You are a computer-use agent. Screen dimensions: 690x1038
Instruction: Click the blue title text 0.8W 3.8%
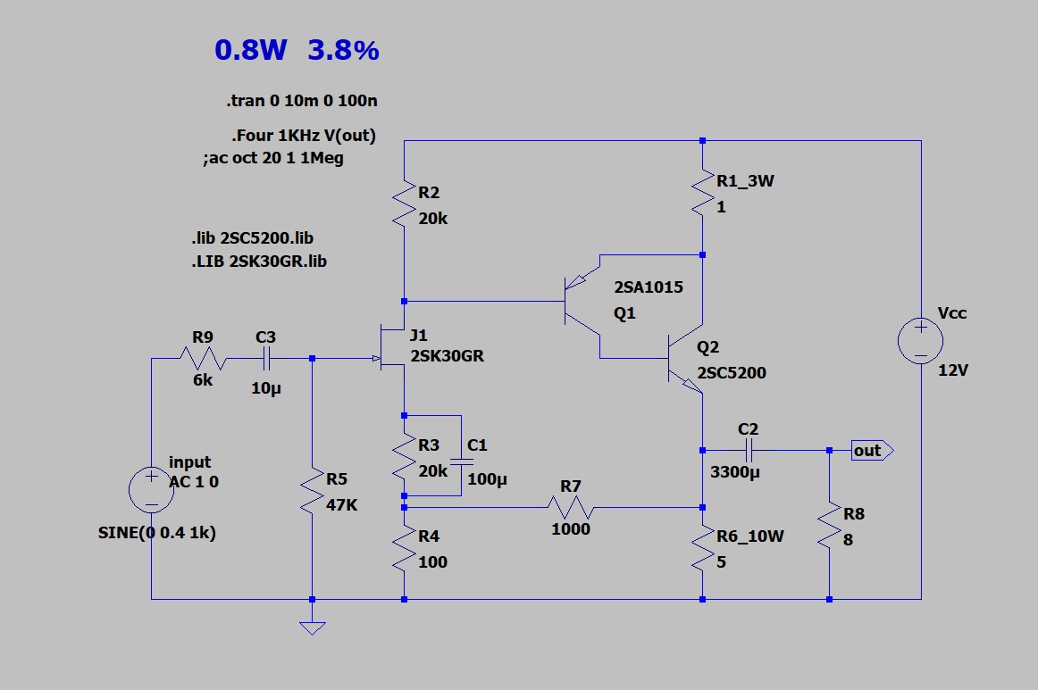pyautogui.click(x=297, y=51)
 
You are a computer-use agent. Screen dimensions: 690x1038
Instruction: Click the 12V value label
pyautogui.click(x=953, y=370)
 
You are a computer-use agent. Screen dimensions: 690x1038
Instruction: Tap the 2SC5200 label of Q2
pyautogui.click(x=732, y=373)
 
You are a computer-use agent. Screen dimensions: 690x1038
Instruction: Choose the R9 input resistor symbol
pyautogui.click(x=203, y=359)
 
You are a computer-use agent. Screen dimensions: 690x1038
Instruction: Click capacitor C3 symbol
pyautogui.click(x=266, y=359)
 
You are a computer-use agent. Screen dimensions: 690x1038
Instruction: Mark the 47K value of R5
pyautogui.click(x=341, y=505)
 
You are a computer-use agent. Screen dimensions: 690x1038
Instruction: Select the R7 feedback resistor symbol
pyautogui.click(x=570, y=508)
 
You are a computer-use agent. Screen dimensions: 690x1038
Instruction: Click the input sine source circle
pyautogui.click(x=151, y=489)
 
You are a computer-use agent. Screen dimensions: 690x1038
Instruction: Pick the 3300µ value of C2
pyautogui.click(x=734, y=472)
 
